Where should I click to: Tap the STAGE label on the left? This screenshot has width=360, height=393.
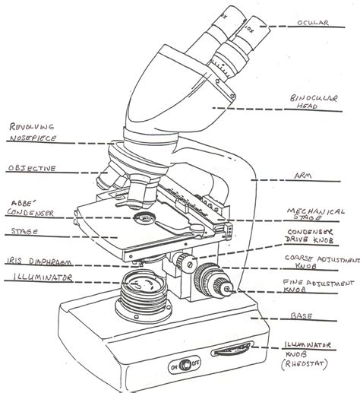tap(21, 227)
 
